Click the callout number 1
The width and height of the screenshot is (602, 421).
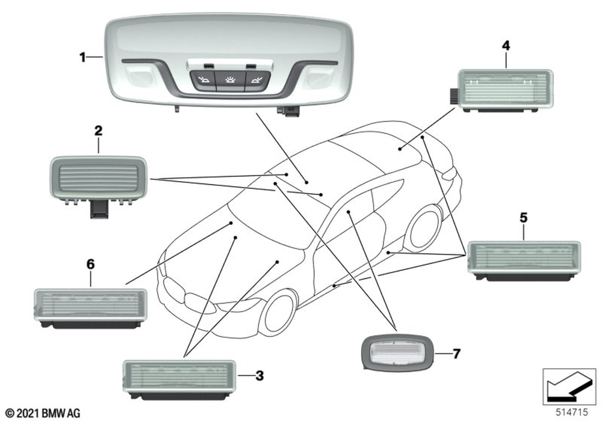pyautogui.click(x=82, y=58)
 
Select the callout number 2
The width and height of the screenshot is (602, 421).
pyautogui.click(x=99, y=131)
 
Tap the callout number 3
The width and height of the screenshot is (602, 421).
pyautogui.click(x=259, y=376)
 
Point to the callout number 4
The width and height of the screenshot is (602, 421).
pyautogui.click(x=506, y=46)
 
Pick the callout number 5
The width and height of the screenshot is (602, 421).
pyautogui.click(x=524, y=218)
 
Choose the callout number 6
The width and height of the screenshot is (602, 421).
pyautogui.click(x=90, y=264)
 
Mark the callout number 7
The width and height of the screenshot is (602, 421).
pyautogui.click(x=456, y=354)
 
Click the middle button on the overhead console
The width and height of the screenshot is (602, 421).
pyautogui.click(x=229, y=80)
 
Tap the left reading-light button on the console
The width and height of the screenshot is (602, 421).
pyautogui.click(x=202, y=80)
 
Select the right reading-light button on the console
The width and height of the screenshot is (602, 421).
pyautogui.click(x=256, y=80)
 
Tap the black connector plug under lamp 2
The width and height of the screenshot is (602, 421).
pyautogui.click(x=99, y=210)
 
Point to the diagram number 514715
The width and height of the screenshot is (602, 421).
pyautogui.click(x=572, y=412)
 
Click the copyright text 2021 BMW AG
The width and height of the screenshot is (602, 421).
pyautogui.click(x=43, y=413)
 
